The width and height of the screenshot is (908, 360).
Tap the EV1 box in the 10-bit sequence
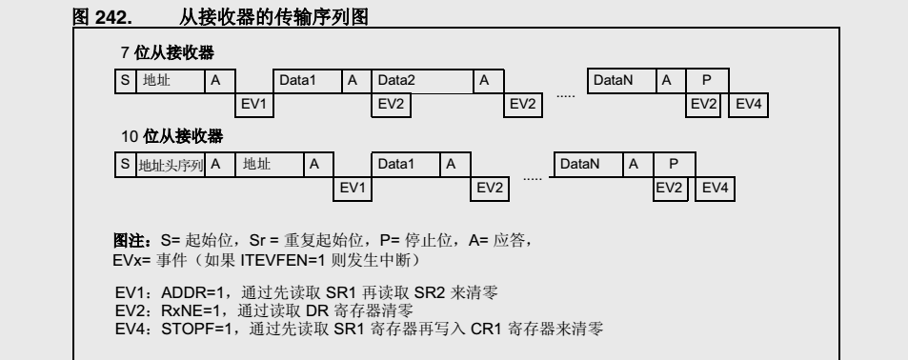[353, 188]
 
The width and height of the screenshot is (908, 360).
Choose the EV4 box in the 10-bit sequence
[715, 188]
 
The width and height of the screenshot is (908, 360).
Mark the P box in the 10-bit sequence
[673, 165]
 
